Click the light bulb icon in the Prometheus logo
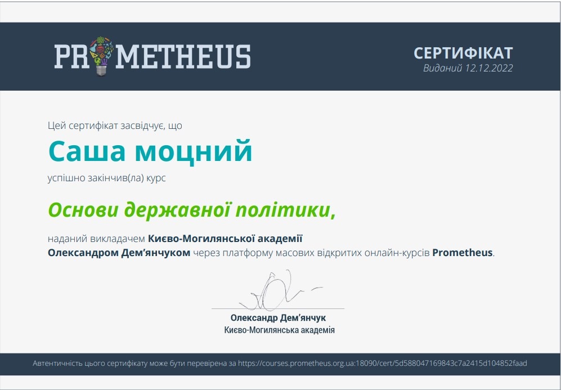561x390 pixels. [x=101, y=56]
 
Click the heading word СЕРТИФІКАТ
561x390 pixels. [x=463, y=53]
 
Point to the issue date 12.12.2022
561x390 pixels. [x=489, y=68]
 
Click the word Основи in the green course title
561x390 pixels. [x=83, y=210]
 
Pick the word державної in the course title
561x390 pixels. [x=177, y=210]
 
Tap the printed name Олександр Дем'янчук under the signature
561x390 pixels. [x=278, y=318]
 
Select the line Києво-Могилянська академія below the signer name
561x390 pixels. [x=280, y=330]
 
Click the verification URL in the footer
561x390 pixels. [x=383, y=363]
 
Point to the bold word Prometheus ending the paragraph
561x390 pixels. [x=463, y=253]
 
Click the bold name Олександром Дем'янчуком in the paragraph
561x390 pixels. [x=119, y=253]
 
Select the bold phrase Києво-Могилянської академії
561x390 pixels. [x=225, y=238]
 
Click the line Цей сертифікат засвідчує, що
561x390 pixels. [x=115, y=125]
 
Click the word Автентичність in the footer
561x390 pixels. [x=57, y=363]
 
